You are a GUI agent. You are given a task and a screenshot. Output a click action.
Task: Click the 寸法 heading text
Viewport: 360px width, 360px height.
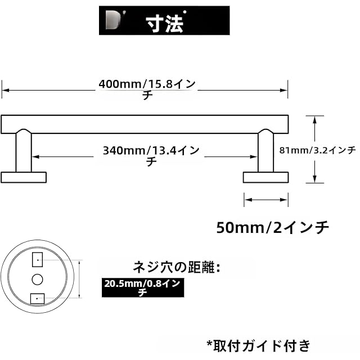point(164,24)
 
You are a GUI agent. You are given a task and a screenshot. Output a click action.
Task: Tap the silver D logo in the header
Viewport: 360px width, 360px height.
point(113,21)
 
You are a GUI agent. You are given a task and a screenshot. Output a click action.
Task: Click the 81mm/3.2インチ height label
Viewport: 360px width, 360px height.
point(317,150)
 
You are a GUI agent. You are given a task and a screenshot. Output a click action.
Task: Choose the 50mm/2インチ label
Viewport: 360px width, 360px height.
point(272,228)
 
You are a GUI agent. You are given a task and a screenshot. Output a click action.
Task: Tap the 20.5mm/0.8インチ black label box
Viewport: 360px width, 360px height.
point(143,287)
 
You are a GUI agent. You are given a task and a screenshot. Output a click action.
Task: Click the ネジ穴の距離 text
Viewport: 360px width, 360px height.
point(176,267)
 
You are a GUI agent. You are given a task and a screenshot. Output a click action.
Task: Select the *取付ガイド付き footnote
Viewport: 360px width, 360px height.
point(259,346)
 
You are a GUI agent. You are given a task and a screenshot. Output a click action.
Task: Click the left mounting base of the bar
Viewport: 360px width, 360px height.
point(24,178)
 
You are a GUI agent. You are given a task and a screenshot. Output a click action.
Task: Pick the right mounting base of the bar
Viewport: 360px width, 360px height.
point(265,178)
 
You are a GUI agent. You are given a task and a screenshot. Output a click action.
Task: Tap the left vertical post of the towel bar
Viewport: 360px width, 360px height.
point(24,151)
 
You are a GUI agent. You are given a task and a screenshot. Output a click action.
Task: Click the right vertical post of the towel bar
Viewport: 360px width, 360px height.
point(265,151)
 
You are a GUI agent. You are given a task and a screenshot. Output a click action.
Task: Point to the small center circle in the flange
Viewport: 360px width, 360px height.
point(37,280)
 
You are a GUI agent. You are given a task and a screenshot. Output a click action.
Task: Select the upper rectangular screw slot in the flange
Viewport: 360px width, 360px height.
point(37,260)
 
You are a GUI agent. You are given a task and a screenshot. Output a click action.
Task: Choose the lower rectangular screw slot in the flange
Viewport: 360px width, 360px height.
point(38,299)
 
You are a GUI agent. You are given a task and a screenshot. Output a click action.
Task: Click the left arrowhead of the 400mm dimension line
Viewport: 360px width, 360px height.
point(6,90)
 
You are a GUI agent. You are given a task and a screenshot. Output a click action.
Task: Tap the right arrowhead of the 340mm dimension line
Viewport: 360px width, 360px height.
point(254,157)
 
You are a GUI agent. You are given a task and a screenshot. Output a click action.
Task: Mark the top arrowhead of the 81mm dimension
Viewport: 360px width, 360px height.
point(315,120)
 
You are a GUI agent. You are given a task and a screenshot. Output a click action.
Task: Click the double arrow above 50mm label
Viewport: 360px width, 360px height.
point(266,200)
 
